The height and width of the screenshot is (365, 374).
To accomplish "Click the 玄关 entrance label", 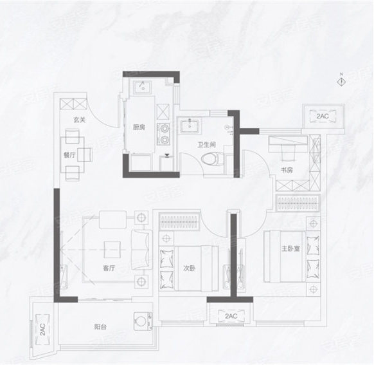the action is click(80, 120).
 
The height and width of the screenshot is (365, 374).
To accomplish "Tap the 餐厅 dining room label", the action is click(69, 155).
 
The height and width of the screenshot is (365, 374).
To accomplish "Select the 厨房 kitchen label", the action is click(139, 127).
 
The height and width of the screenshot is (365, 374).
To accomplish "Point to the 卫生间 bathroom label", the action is click(206, 144).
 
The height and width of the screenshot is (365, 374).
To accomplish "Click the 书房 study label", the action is click(287, 171).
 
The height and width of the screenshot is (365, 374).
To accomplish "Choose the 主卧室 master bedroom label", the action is click(290, 248).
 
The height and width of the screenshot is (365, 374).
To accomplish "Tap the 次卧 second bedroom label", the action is click(189, 268).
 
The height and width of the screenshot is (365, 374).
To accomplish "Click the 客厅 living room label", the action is click(109, 268).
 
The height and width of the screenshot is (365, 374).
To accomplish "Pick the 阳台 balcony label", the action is click(100, 326).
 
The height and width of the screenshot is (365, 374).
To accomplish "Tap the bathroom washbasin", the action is click(190, 126).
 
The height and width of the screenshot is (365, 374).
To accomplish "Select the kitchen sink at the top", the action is click(143, 87).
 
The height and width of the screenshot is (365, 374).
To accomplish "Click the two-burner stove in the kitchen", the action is click(164, 135).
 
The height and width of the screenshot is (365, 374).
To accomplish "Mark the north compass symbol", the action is click(342, 81).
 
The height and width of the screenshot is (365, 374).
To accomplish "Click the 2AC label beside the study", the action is click(323, 116).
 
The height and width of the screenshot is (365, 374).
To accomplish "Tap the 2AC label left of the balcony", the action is click(42, 330).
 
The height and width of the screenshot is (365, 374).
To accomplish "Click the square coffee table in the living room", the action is click(112, 250).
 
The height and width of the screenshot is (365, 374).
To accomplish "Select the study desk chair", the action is click(287, 153).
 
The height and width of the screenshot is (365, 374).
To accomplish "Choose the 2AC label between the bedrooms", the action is click(231, 316).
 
